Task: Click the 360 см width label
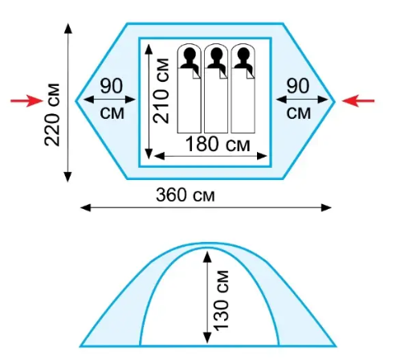(186, 194)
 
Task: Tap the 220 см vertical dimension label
(52, 115)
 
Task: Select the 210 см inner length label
(161, 91)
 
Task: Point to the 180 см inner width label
(218, 144)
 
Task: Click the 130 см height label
(221, 300)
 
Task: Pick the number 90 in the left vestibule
(112, 86)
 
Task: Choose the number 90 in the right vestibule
(298, 86)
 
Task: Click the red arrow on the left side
(27, 100)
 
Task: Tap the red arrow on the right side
(358, 101)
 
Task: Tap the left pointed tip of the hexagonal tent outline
(76, 101)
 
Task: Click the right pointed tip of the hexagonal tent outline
(335, 101)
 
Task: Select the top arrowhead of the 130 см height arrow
(207, 256)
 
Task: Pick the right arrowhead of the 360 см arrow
(326, 207)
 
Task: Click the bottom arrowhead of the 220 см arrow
(68, 177)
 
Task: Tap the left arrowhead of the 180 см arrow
(160, 156)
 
